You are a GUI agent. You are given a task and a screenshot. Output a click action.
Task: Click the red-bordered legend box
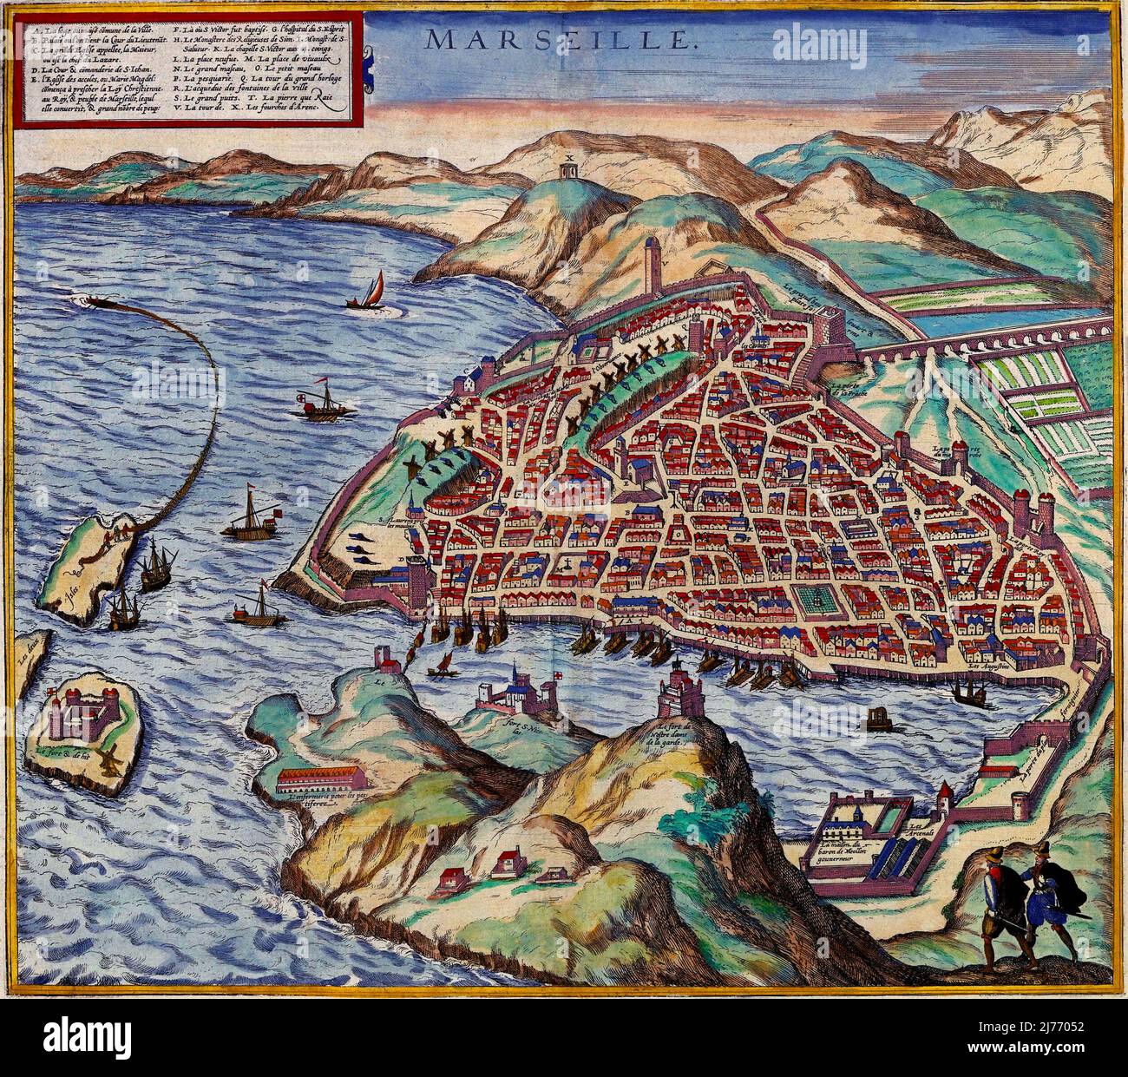coord(178,65)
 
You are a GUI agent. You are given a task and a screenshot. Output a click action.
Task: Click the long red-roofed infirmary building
coord(338,781)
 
